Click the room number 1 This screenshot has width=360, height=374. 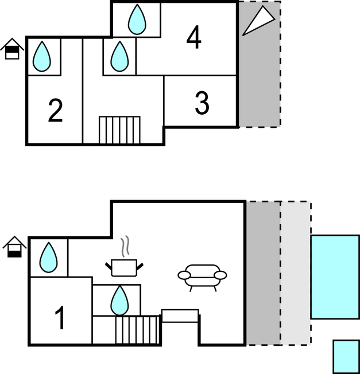coord(60,317)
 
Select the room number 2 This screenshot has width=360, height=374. coord(55,110)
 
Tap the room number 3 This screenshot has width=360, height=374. coord(202,103)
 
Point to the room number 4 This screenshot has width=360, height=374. coord(193,37)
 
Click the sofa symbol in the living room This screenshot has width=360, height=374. coord(202,278)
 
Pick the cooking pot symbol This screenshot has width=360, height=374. coord(124,268)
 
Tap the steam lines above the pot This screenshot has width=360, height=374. coord(125,246)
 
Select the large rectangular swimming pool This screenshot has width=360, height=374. coord(335,276)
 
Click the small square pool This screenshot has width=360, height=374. coord(346,357)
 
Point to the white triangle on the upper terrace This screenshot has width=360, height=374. coord(259,21)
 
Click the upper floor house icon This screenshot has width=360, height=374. coord(12,49)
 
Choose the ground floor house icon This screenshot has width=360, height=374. coord(14,247)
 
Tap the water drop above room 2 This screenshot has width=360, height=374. coord(42,56)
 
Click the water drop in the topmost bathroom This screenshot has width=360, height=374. coord(137,20)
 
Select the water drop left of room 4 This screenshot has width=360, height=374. coord(119,56)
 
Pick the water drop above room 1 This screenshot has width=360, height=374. coord(48,257)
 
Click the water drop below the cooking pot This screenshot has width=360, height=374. coord(119,300)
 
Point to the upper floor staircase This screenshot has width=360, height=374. coord(119,130)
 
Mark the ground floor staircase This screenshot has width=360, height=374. coord(137,330)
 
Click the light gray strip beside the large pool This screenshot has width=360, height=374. coord(296,273)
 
